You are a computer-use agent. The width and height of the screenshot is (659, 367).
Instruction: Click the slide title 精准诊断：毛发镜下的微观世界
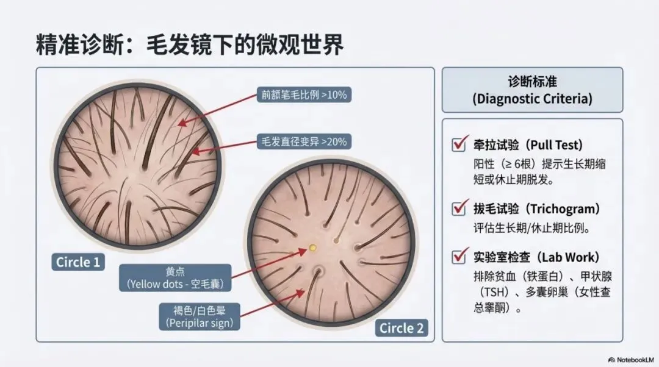(190, 45)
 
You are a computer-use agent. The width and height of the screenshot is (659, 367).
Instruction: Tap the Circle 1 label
(77, 262)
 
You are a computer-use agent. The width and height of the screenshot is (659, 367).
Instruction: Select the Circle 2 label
(401, 328)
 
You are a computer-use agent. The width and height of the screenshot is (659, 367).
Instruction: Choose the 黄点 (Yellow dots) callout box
(176, 277)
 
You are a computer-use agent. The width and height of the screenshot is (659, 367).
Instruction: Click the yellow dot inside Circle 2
(313, 248)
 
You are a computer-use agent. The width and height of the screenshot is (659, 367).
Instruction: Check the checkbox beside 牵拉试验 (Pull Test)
(459, 145)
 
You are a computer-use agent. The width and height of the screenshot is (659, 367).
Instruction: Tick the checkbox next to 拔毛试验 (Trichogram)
(459, 208)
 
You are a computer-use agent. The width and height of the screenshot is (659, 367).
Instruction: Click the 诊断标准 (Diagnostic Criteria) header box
(532, 90)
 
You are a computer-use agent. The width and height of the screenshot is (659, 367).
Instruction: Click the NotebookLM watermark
(628, 360)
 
